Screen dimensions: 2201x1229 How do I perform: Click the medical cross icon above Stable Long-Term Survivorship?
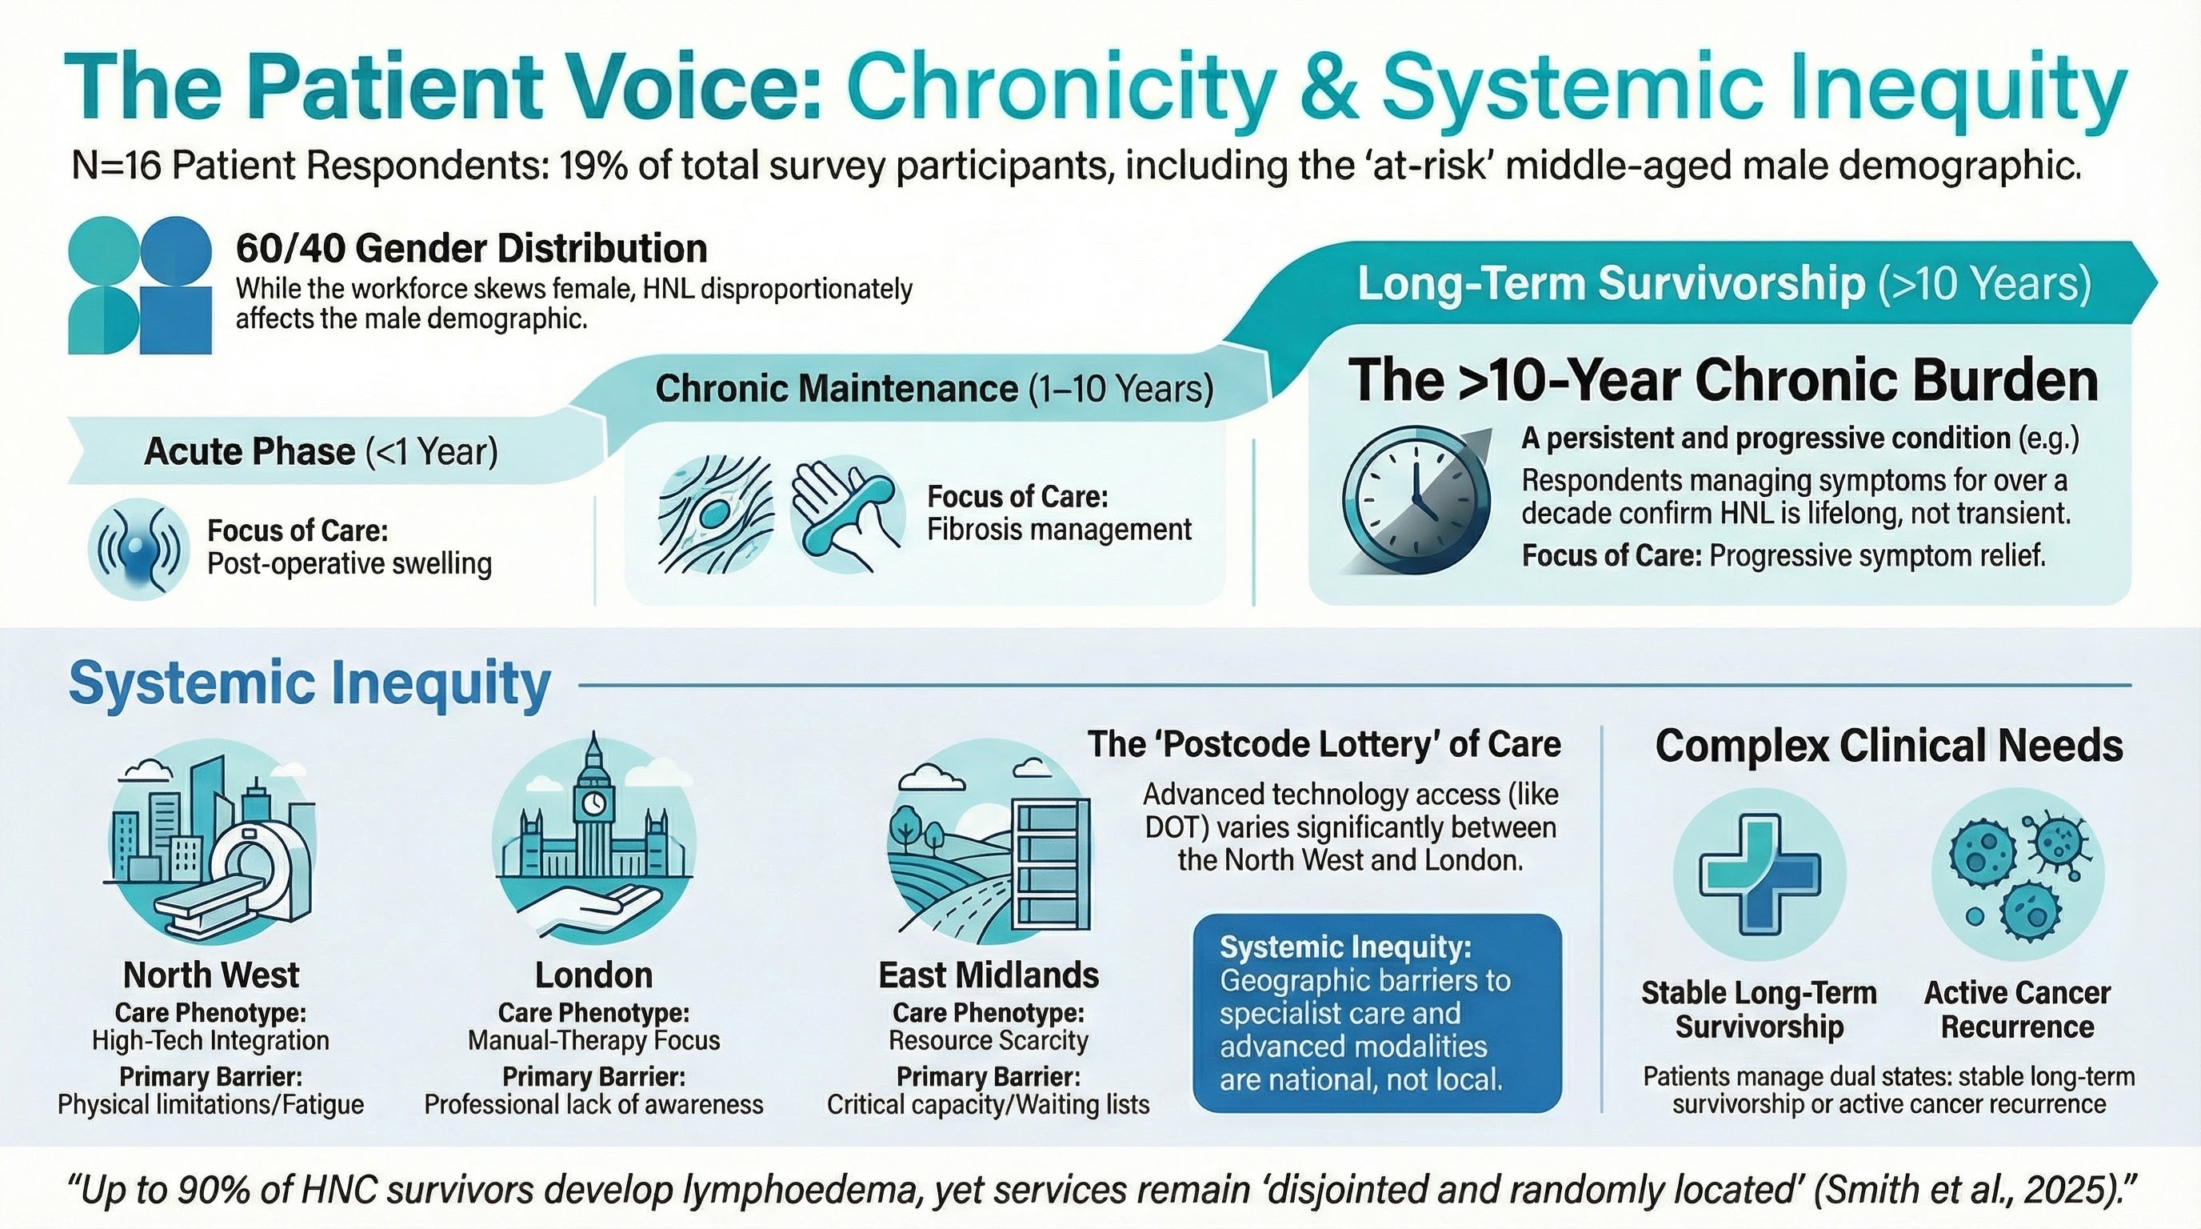1760,873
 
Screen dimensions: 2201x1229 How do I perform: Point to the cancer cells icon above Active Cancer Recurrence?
2017,873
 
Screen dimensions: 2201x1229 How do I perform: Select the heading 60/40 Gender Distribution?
472,249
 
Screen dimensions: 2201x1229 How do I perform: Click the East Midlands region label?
989,975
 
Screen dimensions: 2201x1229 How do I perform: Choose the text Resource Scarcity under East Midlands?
989,1040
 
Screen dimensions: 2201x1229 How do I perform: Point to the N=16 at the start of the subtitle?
116,165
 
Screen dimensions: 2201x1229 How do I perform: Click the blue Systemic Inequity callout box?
1376,1013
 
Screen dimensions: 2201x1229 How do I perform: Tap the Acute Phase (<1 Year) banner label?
322,451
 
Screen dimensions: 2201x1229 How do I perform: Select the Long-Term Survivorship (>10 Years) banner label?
1724,283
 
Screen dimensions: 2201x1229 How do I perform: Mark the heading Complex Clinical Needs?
1889,745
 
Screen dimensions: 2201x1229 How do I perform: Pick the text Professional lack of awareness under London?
593,1105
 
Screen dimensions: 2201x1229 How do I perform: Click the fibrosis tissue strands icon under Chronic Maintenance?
716,514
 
